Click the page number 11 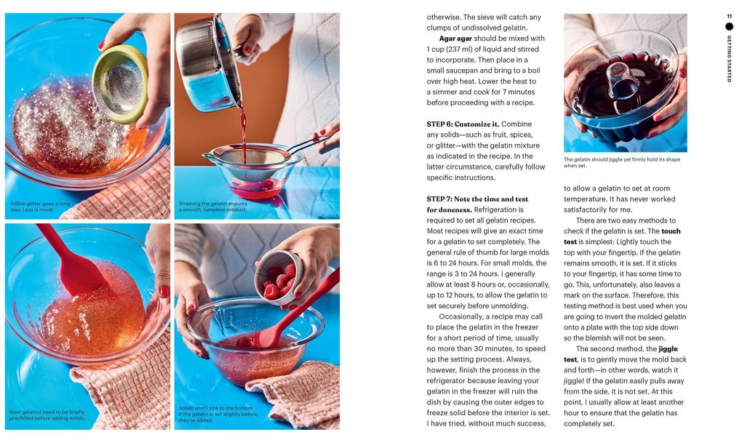[x=729, y=16]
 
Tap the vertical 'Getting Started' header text [x=729, y=58]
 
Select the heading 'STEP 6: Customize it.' [x=463, y=124]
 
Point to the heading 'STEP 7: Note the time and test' [x=477, y=199]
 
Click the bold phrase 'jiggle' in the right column [x=667, y=349]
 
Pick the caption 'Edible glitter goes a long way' [x=40, y=207]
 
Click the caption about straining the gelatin [x=212, y=207]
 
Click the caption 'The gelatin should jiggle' [x=623, y=162]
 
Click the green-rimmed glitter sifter [x=119, y=83]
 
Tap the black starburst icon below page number [x=729, y=27]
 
